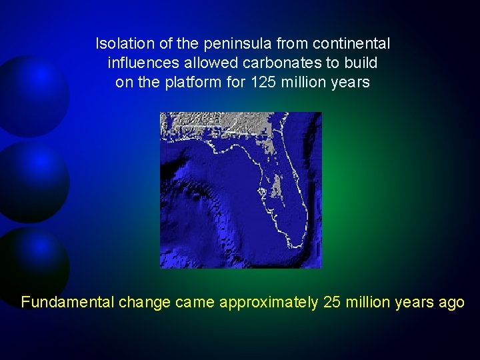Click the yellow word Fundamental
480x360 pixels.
[67, 302]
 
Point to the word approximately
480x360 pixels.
[269, 302]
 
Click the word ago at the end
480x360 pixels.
[451, 302]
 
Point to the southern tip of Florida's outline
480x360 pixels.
[293, 246]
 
